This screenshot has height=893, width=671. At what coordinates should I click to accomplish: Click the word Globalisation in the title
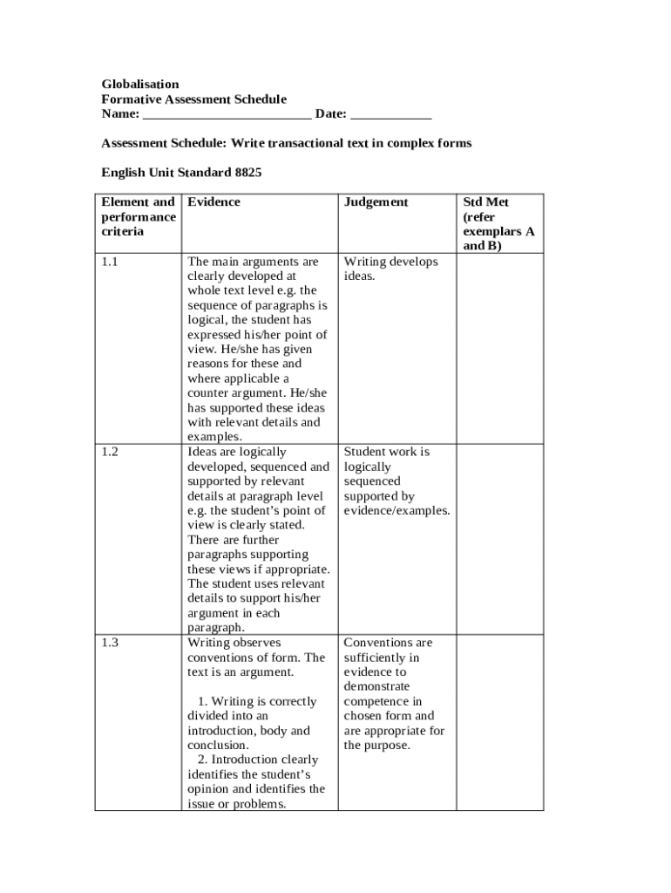(140, 85)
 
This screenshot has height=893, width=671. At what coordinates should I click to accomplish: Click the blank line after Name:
(227, 115)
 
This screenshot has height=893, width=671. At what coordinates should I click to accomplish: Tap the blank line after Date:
(391, 115)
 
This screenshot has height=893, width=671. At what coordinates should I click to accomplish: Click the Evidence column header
(213, 202)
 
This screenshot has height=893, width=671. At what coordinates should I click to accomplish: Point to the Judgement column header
(376, 202)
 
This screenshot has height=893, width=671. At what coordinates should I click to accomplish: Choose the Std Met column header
(486, 202)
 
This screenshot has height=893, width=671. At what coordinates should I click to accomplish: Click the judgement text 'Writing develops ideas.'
(390, 269)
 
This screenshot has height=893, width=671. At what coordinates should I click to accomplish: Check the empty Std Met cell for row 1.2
(500, 539)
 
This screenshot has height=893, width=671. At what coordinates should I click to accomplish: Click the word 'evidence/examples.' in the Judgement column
(396, 511)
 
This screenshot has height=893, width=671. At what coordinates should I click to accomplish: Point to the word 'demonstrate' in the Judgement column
(376, 687)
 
